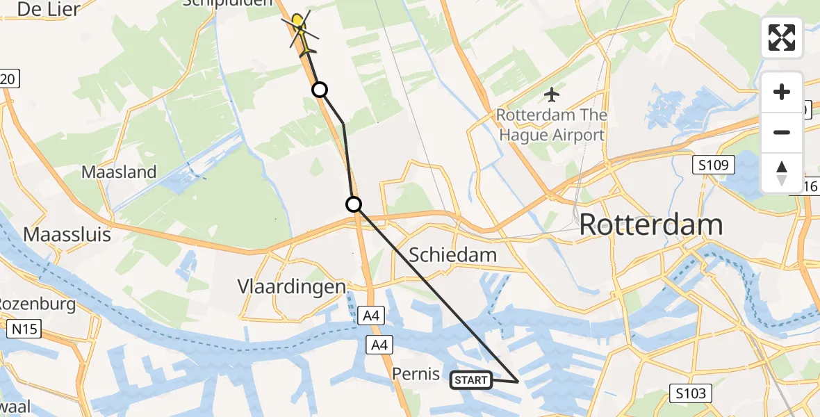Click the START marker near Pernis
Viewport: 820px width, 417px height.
(x=471, y=380)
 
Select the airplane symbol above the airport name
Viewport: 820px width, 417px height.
(x=552, y=93)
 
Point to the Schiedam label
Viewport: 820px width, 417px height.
(x=452, y=255)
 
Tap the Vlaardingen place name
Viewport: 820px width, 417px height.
(x=291, y=286)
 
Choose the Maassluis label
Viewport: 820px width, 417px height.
(x=67, y=234)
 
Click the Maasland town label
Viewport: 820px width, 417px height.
(x=119, y=172)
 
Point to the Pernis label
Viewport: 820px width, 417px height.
(x=416, y=374)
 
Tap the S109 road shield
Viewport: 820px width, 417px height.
(x=713, y=165)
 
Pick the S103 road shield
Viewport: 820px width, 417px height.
(x=691, y=394)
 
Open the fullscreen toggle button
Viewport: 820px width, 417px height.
(x=782, y=38)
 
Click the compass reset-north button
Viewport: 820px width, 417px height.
(x=782, y=173)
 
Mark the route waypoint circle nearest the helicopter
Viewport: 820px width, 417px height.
(x=319, y=90)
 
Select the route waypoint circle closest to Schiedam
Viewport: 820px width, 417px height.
(x=354, y=204)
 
